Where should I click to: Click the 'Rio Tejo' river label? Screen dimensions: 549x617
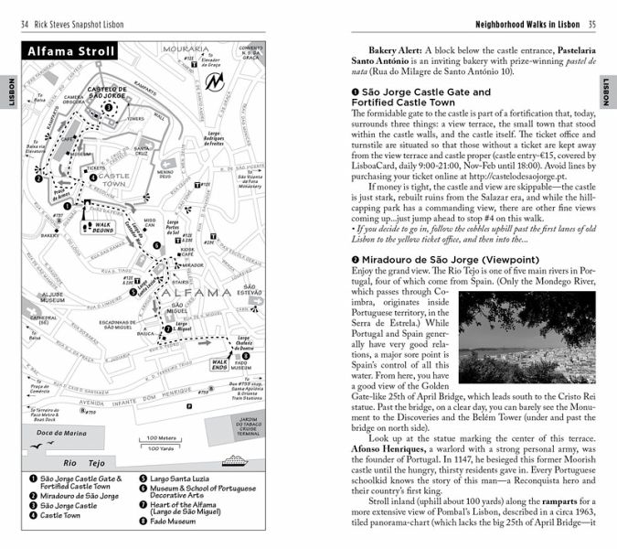pos(91,463)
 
